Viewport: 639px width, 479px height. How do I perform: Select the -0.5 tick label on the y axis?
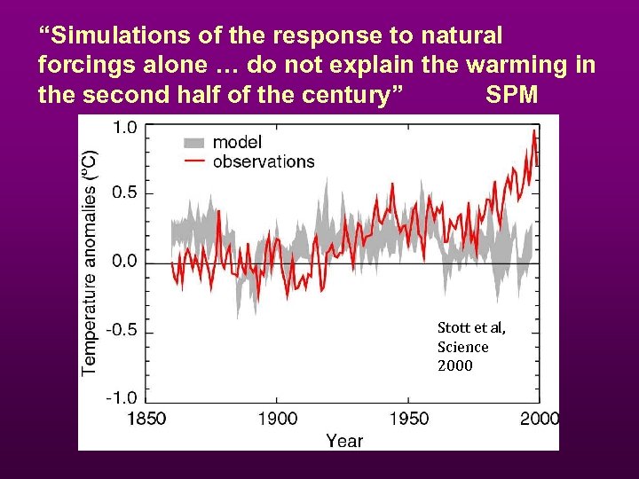[122, 330]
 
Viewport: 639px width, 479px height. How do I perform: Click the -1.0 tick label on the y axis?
[122, 397]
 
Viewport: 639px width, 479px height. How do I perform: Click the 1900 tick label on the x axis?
[277, 419]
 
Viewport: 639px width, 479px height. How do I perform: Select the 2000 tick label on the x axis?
[538, 419]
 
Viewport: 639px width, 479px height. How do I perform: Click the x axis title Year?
[343, 440]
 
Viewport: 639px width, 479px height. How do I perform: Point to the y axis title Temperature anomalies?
[91, 262]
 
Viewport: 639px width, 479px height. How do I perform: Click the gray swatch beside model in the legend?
[194, 143]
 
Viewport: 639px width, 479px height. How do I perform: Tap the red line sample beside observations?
[194, 161]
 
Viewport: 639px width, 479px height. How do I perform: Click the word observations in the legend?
[264, 161]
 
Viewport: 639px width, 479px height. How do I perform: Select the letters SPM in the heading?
[512, 94]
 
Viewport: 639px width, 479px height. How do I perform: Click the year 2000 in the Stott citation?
[454, 365]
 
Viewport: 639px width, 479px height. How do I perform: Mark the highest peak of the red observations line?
[533, 130]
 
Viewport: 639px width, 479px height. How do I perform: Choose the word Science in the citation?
[462, 347]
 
